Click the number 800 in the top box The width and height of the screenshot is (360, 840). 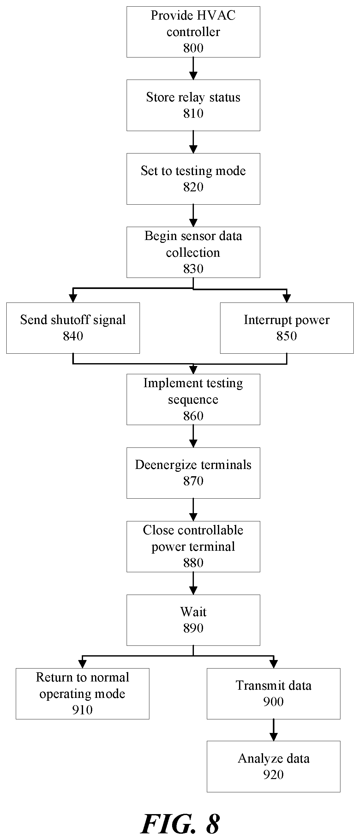point(193,48)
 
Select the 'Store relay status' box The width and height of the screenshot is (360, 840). point(193,105)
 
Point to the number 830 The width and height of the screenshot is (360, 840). point(193,269)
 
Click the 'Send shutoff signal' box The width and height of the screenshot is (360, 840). point(73,328)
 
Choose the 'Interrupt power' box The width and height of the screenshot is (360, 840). point(287,328)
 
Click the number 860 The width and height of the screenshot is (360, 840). point(193,416)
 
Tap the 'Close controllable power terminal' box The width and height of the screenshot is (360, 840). point(193,547)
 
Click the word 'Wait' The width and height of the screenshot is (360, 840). point(193,612)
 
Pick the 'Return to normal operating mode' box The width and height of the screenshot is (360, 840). point(82,693)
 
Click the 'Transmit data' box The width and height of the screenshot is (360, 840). point(273,693)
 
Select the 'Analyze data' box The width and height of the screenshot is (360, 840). point(273,766)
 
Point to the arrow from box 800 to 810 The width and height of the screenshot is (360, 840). point(193,69)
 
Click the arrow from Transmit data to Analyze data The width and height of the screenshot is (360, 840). point(273,730)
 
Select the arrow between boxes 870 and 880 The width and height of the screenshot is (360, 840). point(193,510)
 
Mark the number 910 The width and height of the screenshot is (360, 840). point(82,710)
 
